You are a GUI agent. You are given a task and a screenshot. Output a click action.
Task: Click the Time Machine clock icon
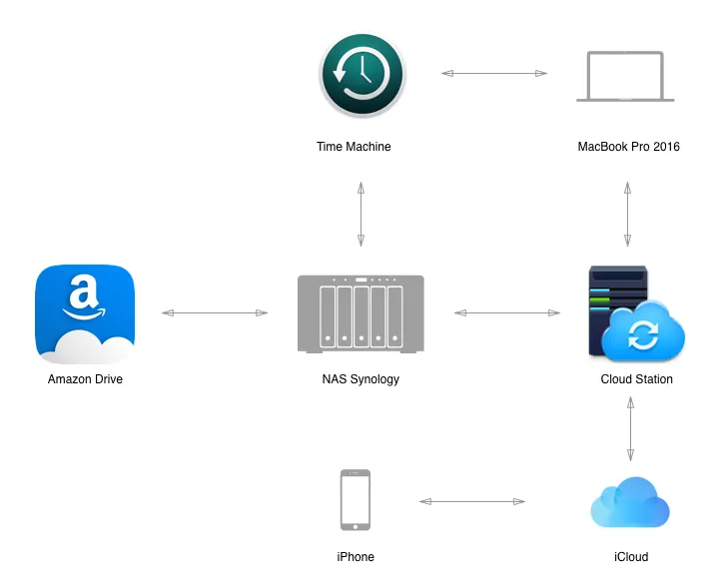363,74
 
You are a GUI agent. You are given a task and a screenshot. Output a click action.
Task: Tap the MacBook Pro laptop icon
625,76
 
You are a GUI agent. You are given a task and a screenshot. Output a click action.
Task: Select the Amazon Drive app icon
85,313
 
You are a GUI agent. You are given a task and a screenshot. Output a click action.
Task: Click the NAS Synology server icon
361,313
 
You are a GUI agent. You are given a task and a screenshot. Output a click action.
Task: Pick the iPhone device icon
356,500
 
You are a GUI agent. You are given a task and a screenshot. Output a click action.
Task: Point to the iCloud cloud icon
630,502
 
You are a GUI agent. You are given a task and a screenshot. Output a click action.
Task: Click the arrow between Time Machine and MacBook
494,73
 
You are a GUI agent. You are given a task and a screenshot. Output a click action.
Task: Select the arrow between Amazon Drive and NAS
215,312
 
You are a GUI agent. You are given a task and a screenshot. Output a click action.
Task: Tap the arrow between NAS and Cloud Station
507,312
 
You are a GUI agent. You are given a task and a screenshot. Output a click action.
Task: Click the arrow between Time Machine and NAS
361,214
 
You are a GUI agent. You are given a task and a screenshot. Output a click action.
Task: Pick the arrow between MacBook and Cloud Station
627,214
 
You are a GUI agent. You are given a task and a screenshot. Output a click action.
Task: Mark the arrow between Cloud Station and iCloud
630,429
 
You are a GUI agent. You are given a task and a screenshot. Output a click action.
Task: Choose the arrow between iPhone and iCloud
472,501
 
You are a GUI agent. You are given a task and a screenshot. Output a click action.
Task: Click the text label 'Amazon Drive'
85,379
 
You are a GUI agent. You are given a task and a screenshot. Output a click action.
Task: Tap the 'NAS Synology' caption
361,379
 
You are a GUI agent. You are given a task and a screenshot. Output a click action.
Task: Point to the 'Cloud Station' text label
636,379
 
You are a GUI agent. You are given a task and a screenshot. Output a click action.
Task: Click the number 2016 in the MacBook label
666,147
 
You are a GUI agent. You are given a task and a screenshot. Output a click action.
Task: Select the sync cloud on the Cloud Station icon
643,331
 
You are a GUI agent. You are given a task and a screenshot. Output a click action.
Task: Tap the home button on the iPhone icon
356,527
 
